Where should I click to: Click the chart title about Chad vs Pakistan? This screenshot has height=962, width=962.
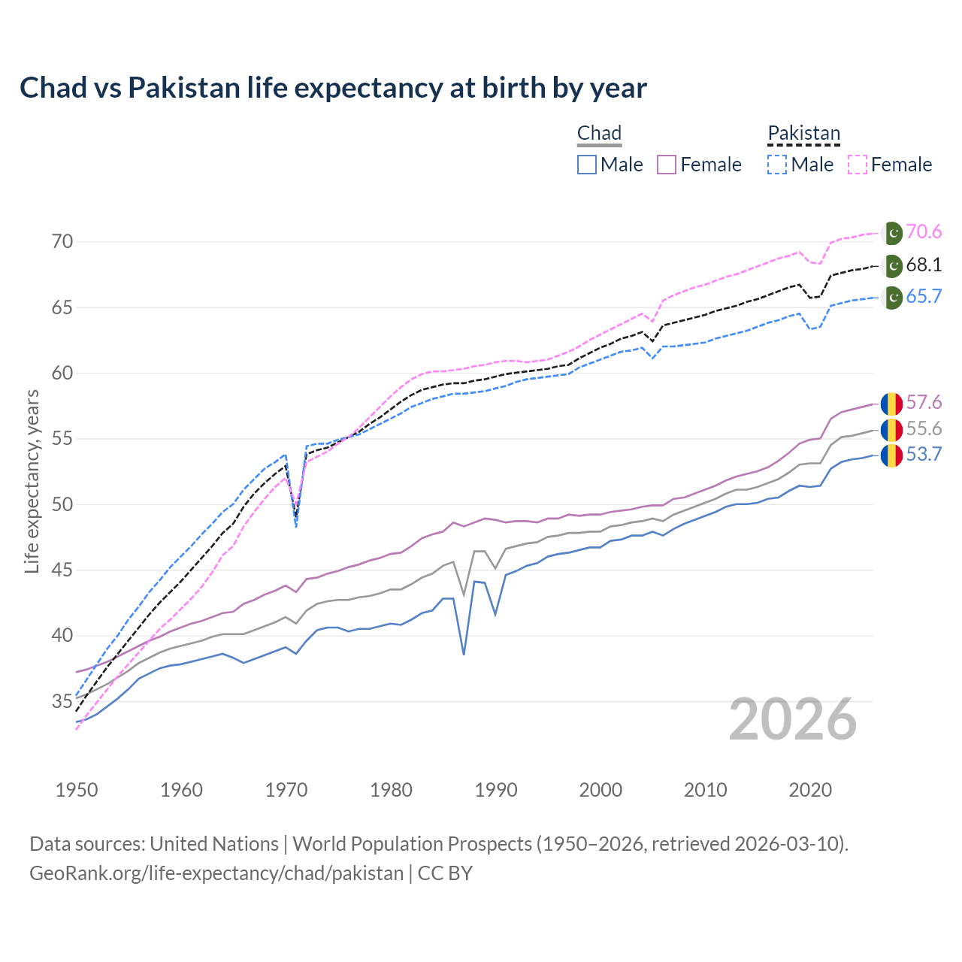coord(333,88)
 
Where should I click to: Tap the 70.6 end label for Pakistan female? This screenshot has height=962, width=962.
coord(924,232)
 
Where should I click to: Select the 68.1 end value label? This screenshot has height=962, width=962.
coord(924,265)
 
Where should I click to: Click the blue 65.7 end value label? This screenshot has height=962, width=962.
coord(924,297)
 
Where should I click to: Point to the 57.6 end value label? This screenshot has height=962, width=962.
coord(924,403)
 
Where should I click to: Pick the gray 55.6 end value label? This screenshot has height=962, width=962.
coord(924,429)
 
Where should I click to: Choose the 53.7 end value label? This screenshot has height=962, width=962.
coord(924,455)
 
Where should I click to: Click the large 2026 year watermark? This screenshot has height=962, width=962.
coord(793,720)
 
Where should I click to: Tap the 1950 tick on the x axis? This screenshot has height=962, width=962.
coord(77,790)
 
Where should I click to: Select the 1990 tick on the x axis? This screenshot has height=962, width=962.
coord(496,790)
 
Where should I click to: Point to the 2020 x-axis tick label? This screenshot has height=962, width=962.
coord(810,790)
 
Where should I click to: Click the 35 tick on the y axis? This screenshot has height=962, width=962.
coord(62,702)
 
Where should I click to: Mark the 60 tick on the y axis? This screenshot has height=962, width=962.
coord(62,374)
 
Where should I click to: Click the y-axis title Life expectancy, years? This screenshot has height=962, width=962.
coord(32,481)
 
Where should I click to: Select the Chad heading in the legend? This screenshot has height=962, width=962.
coord(599,134)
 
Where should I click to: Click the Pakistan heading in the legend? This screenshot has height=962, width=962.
coord(803,134)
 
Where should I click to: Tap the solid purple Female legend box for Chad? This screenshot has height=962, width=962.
coord(667,165)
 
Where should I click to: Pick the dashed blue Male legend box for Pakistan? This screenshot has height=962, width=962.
coord(777,165)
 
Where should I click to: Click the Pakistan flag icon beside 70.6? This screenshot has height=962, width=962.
coord(892,233)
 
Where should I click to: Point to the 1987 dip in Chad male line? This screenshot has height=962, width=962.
coord(464,654)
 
